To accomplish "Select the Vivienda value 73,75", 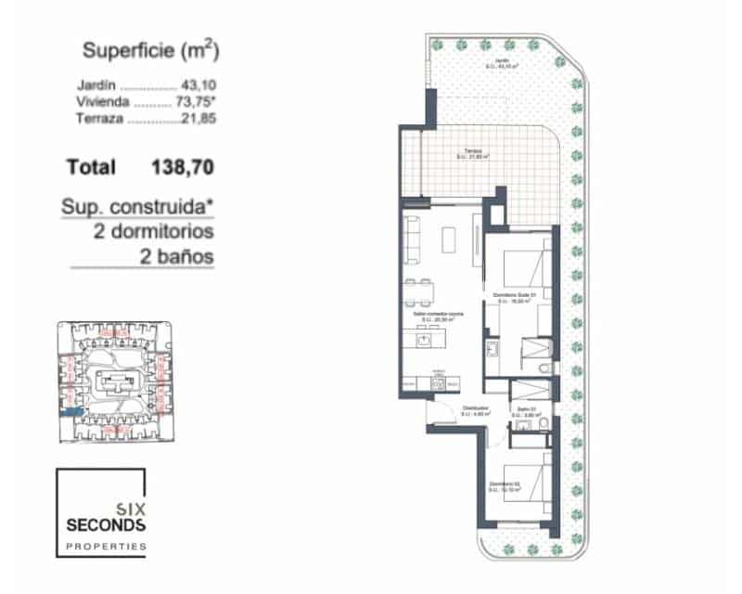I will click(192, 103).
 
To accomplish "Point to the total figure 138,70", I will click(183, 167).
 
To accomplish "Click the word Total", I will click(91, 167).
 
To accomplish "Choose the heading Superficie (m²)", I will click(151, 49).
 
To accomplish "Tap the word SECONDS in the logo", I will click(106, 525).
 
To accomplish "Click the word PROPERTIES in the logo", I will click(106, 548).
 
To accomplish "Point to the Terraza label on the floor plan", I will click(473, 152).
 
